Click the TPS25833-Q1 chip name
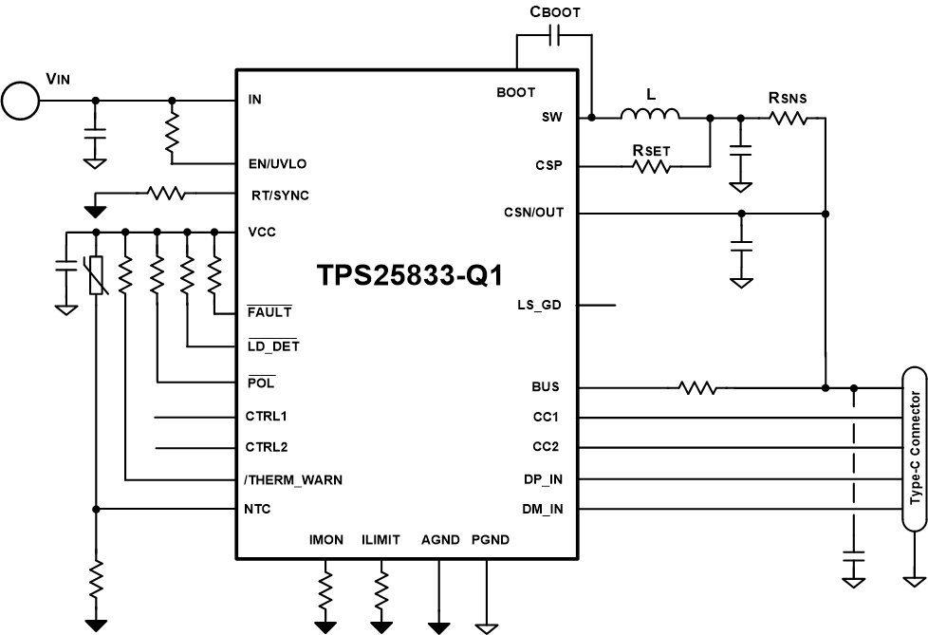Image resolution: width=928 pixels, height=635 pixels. (409, 275)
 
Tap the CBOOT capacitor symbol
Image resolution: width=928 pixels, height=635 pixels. (555, 36)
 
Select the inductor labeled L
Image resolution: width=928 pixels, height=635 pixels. (650, 116)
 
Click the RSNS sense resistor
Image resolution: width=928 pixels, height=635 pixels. (788, 118)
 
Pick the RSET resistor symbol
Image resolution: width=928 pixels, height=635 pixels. (651, 165)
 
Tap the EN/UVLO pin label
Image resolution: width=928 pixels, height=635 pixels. (276, 163)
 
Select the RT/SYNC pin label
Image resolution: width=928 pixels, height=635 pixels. (277, 196)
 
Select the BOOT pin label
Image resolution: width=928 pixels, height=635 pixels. (516, 92)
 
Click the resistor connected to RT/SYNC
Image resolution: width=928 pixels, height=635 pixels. (166, 193)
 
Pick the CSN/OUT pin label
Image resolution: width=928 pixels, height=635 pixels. (534, 213)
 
